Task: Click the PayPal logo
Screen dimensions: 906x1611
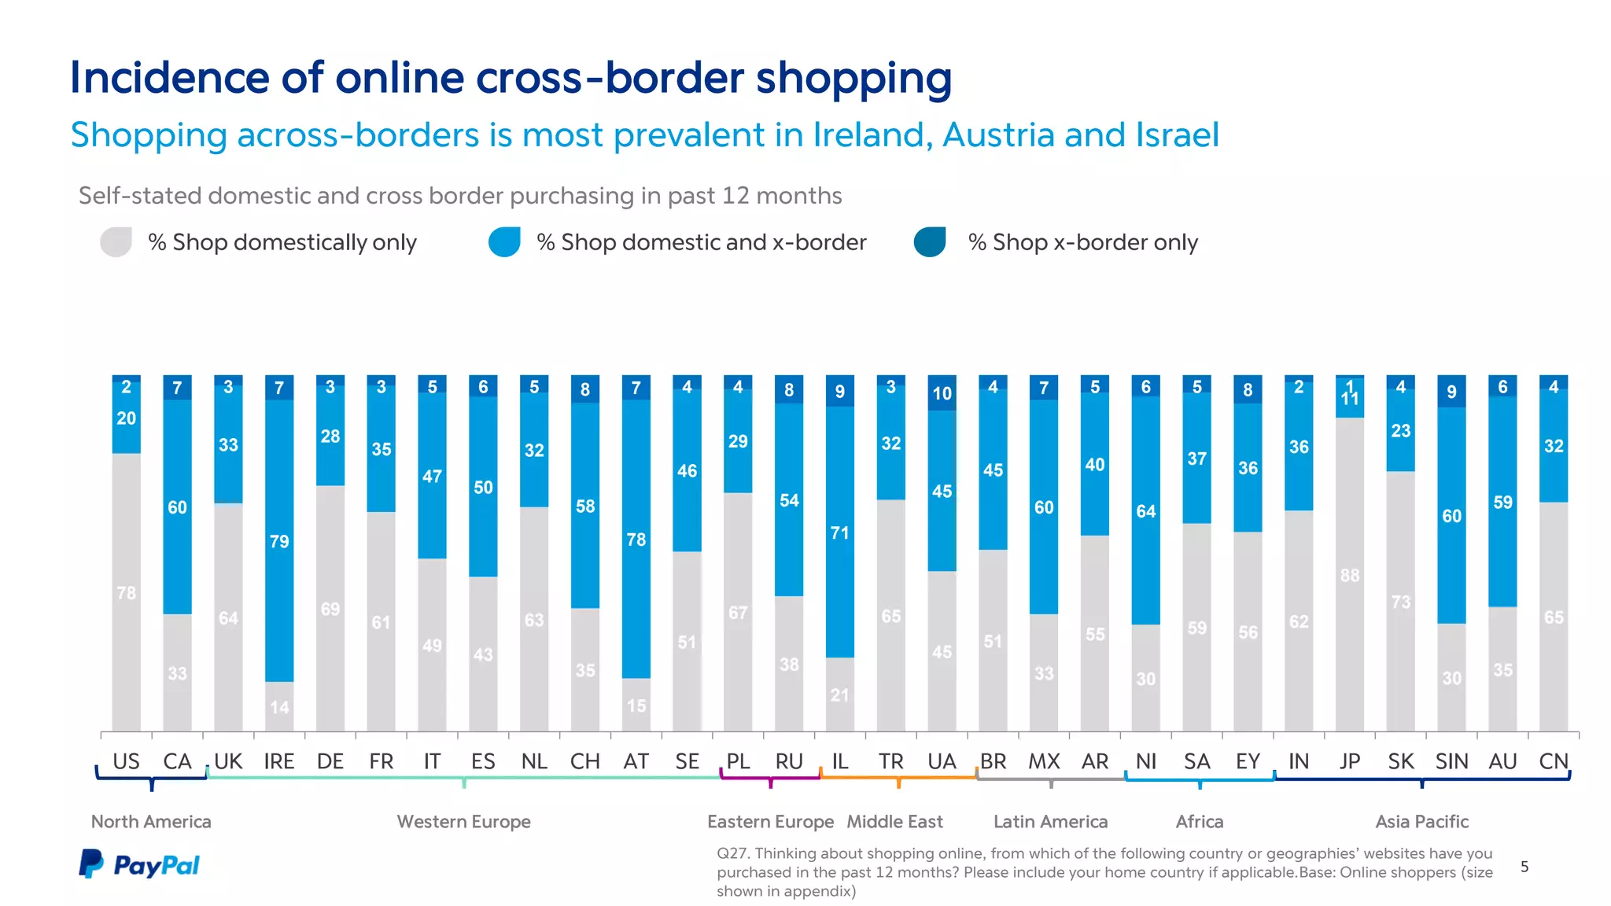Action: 139,864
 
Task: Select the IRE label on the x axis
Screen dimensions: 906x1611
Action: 278,761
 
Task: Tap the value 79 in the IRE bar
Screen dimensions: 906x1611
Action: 279,541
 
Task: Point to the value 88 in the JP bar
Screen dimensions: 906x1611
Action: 1350,575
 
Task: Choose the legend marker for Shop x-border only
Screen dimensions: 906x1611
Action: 930,242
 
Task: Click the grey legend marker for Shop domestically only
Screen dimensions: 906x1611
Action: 116,242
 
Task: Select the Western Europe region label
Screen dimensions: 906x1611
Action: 463,822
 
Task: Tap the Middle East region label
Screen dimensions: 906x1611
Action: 894,822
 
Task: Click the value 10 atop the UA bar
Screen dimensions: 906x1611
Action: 942,393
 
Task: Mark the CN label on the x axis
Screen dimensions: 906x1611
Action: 1553,761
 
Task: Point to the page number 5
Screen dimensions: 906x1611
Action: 1524,867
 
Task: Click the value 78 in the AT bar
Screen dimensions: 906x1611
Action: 636,540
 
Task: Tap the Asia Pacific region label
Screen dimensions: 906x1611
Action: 1421,822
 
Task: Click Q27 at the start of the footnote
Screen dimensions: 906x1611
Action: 732,853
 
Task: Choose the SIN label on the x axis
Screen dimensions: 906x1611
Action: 1451,761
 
